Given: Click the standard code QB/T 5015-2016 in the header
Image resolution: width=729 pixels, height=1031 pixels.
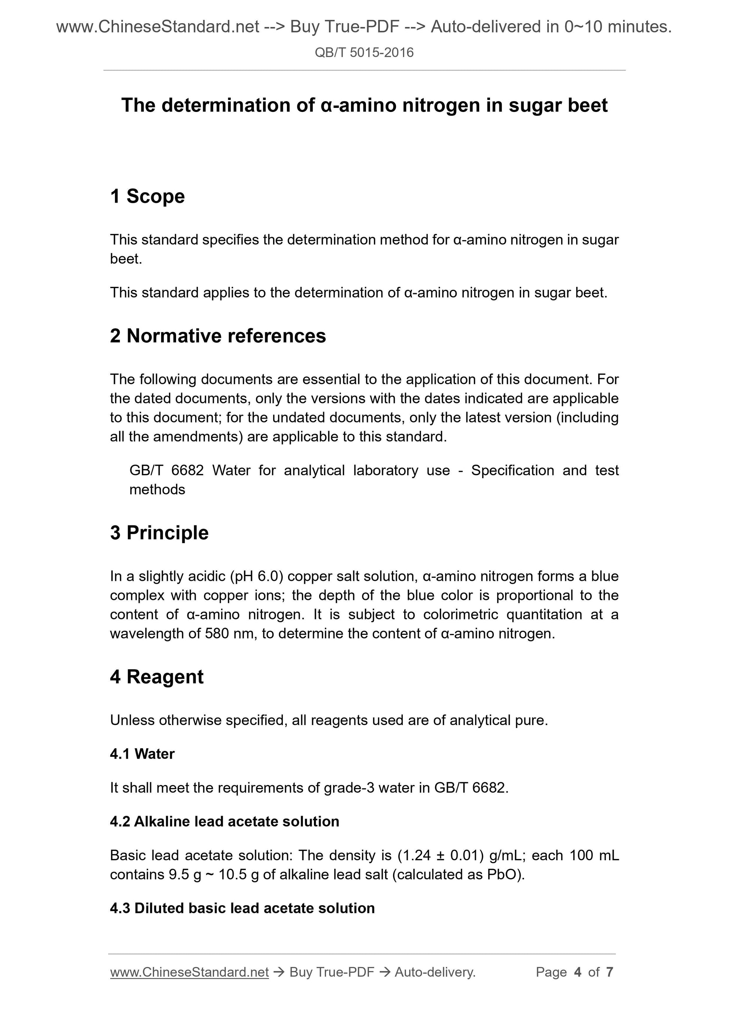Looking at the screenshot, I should click(364, 52).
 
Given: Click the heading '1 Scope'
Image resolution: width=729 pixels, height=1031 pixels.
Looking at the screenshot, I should click(147, 196).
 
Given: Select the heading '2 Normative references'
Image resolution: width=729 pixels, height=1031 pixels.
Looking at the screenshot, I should click(218, 336).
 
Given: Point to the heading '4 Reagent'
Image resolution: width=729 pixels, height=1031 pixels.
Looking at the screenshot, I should click(156, 677).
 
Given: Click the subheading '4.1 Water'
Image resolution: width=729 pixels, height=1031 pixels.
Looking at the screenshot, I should click(142, 754).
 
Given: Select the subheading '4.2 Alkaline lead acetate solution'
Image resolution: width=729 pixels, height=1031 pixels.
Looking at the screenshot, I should click(224, 821).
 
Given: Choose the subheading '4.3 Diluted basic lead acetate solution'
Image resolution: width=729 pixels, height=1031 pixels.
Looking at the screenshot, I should click(242, 908).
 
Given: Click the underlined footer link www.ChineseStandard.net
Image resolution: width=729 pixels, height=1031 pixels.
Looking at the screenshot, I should click(189, 972).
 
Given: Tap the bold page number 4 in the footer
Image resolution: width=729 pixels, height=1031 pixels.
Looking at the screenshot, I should click(577, 972).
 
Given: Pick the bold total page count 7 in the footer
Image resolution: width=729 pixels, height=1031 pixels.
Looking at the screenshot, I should click(609, 972).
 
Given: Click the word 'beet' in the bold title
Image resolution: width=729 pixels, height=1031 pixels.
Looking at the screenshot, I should click(588, 105).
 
